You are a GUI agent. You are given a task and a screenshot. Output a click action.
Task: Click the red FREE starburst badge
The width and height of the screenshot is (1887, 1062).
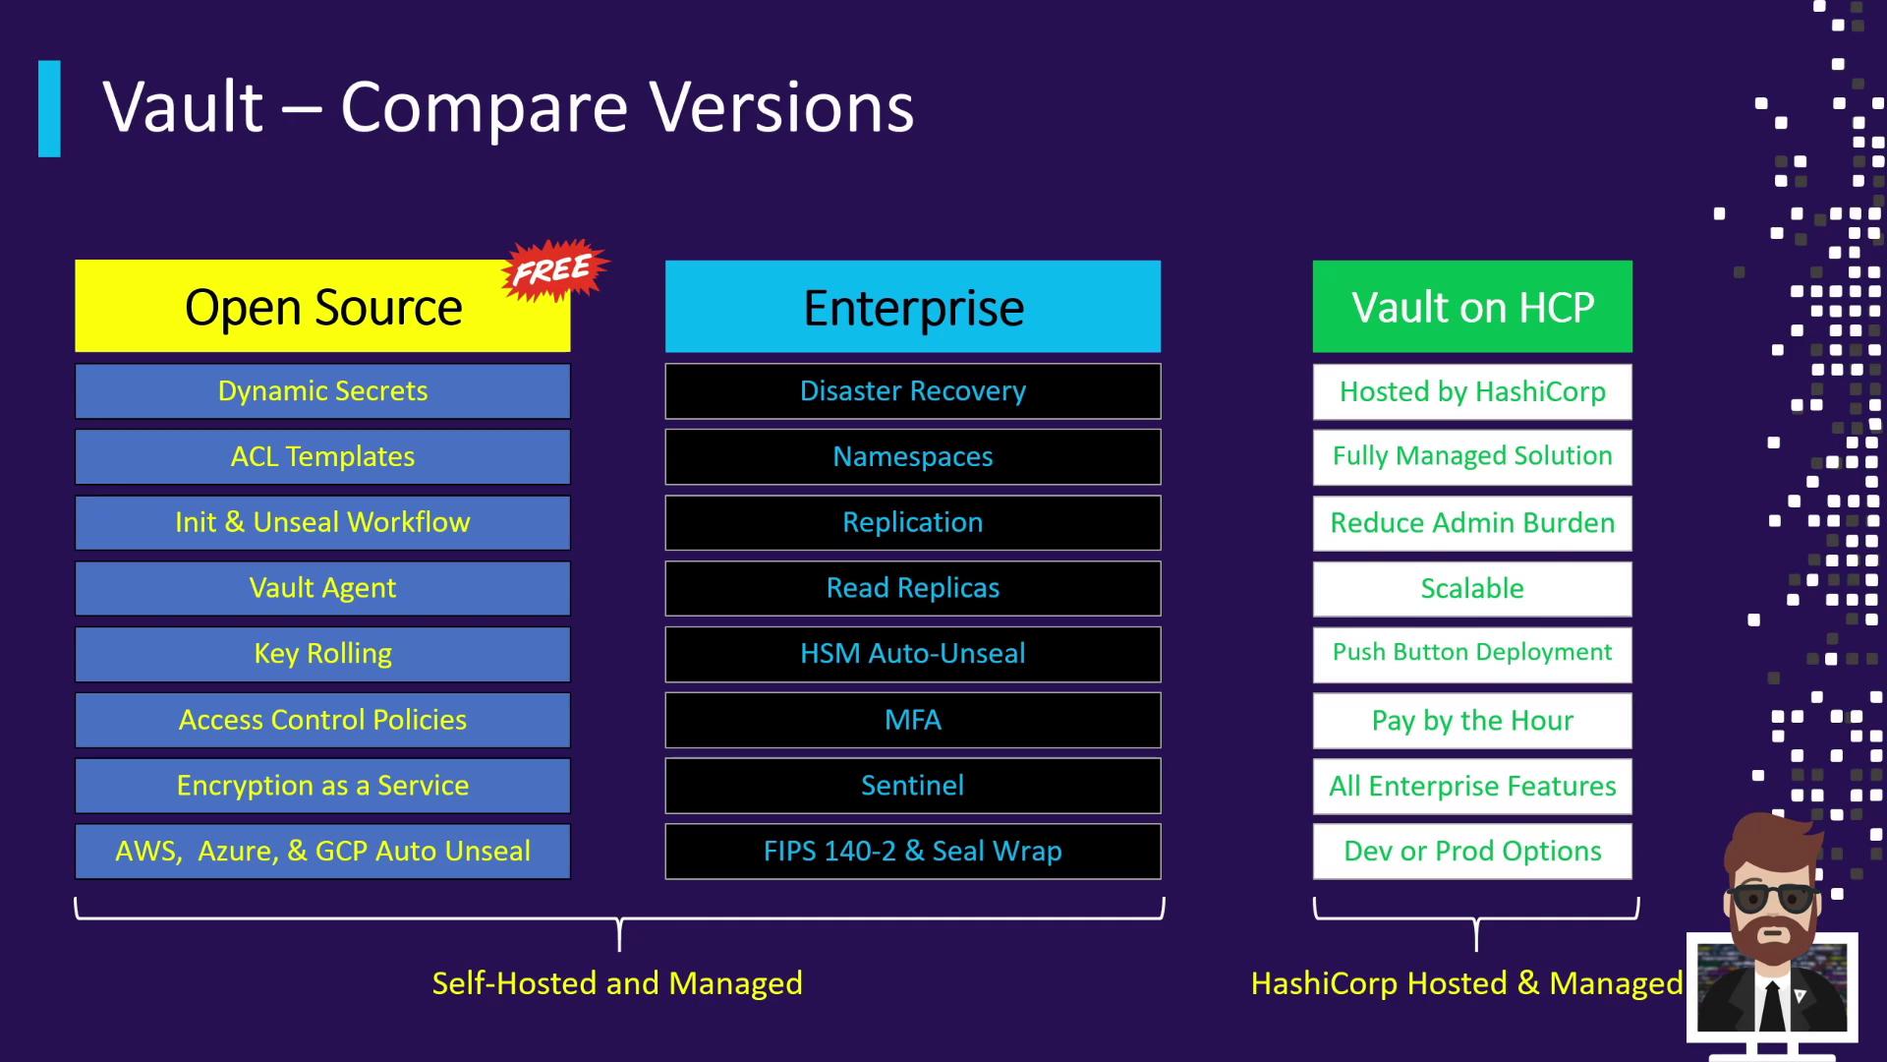(555, 268)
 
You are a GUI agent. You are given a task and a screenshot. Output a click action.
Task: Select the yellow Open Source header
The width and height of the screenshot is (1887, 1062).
(322, 306)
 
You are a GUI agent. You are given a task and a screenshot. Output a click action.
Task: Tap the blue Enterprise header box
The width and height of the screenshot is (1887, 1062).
(913, 306)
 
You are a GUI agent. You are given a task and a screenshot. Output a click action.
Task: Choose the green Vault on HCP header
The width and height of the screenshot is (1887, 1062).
(1472, 306)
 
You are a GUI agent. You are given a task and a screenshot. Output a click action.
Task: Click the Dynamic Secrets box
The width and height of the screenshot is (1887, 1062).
(322, 391)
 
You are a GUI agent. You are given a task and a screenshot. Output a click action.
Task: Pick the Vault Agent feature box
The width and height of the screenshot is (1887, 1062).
(322, 588)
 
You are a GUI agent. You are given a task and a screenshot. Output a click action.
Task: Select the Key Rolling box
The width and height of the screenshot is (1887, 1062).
(322, 654)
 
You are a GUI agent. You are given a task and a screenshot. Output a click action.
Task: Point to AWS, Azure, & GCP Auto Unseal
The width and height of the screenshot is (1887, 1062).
(322, 851)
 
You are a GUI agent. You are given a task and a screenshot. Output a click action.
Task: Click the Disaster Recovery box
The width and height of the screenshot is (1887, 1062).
(913, 391)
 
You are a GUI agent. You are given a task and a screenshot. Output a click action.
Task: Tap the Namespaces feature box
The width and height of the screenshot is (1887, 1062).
(913, 456)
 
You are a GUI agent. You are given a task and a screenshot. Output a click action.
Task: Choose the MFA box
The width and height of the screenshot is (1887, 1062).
(913, 720)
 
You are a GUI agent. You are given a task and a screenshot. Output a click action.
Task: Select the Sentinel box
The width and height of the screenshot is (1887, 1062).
(913, 786)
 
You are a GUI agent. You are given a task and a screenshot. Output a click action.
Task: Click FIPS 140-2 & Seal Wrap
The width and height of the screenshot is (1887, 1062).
(913, 851)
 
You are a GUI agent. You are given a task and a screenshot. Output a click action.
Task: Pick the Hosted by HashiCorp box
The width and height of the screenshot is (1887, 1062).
(1472, 391)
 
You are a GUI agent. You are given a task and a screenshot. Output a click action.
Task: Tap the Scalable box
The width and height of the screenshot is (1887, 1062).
(1472, 588)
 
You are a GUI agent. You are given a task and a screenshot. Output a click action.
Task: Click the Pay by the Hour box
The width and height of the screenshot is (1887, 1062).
(1472, 720)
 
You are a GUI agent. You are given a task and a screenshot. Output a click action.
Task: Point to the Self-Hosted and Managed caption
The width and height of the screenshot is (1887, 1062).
(617, 983)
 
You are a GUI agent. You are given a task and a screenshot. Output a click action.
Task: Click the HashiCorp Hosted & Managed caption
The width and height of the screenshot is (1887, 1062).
(1466, 983)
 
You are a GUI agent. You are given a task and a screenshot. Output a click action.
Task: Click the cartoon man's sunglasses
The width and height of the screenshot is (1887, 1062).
(1772, 898)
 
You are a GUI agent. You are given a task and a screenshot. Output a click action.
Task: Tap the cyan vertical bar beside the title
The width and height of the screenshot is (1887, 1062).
(49, 108)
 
